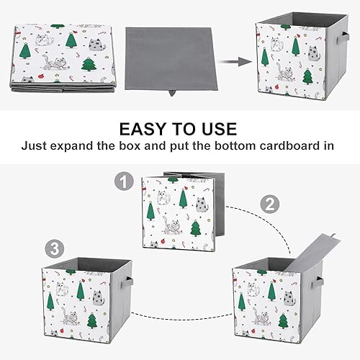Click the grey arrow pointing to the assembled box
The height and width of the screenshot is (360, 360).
coord(230,62)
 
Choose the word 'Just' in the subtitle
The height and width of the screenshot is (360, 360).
coord(35,145)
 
